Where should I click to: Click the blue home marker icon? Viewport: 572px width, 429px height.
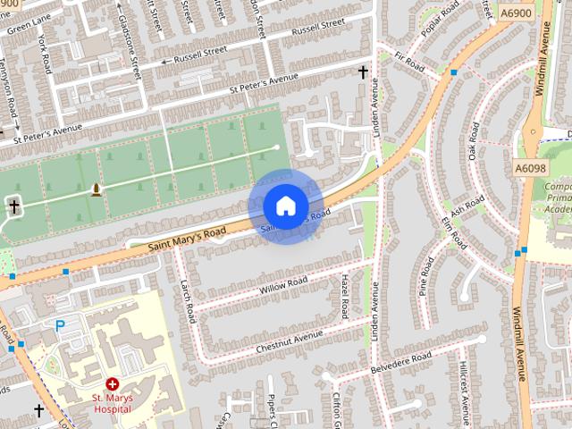[285, 206]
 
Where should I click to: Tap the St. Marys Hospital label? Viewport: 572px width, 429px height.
[113, 403]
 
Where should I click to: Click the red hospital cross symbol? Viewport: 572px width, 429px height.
[113, 383]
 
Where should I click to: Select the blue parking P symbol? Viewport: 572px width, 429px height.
[61, 326]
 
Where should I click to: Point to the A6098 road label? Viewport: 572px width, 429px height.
[530, 167]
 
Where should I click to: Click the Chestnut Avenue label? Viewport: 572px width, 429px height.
[289, 340]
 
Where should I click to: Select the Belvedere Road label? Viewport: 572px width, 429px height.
[402, 361]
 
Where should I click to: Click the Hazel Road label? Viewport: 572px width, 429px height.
[345, 296]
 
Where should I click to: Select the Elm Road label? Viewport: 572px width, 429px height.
[452, 231]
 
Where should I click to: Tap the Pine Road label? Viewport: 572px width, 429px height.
[426, 276]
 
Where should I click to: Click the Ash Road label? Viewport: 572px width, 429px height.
[467, 207]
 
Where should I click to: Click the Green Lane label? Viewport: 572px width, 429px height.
[29, 24]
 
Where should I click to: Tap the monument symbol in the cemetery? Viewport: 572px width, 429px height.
[96, 189]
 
